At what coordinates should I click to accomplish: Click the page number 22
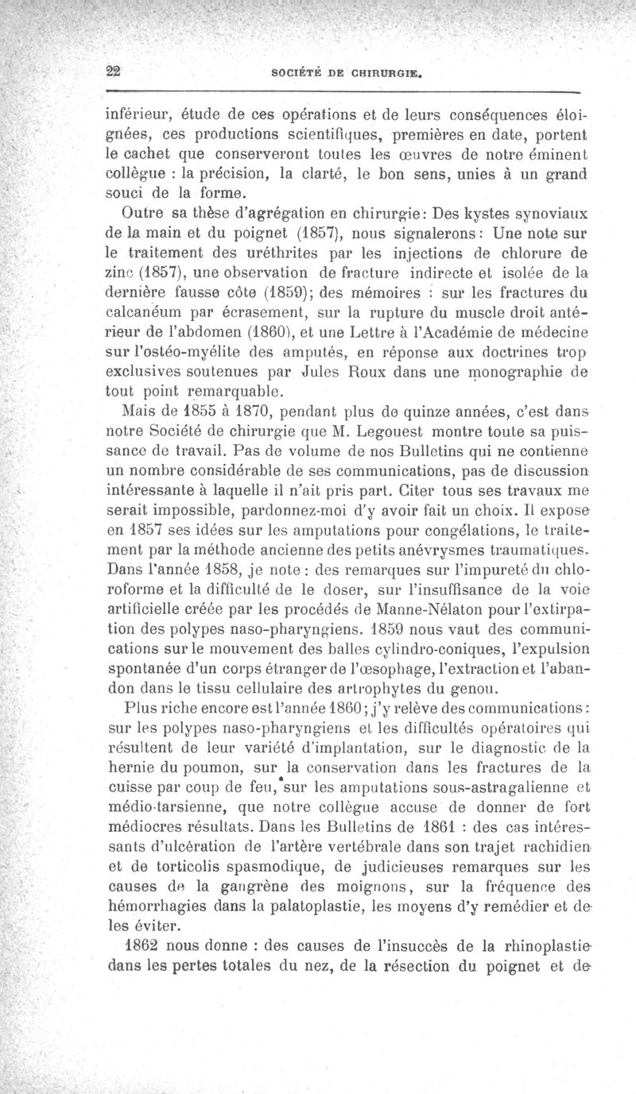pyautogui.click(x=113, y=69)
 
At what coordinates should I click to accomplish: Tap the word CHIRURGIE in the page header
pyautogui.click(x=384, y=76)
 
